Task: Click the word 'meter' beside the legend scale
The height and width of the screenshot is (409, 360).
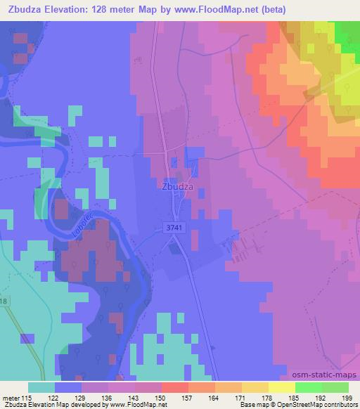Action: point(9,398)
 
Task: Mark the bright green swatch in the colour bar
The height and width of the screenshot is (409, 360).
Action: point(308,387)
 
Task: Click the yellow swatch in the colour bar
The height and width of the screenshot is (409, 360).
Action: point(281,387)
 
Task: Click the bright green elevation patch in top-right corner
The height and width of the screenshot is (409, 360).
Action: point(347,31)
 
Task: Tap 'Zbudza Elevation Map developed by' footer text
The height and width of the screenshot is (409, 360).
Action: point(53,405)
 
